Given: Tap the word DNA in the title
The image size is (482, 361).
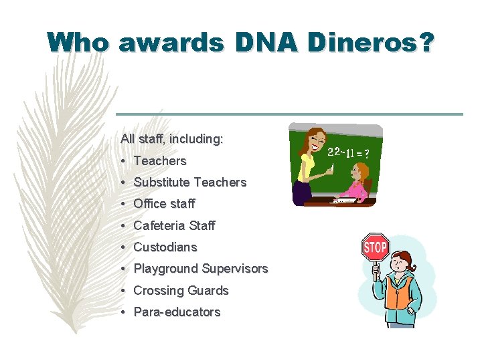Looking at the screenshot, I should pyautogui.click(x=265, y=42).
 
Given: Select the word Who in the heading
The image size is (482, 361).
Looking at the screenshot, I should pyautogui.click(x=78, y=42).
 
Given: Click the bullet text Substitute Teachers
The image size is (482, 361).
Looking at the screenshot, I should pyautogui.click(x=189, y=182).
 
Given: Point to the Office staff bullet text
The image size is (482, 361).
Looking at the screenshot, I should pyautogui.click(x=164, y=203).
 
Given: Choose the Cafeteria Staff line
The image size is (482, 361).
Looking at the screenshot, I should pyautogui.click(x=174, y=225).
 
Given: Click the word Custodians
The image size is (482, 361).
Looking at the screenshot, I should pyautogui.click(x=165, y=247).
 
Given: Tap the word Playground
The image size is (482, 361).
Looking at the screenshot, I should pyautogui.click(x=165, y=269).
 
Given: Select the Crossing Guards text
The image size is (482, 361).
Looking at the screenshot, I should pyautogui.click(x=181, y=290).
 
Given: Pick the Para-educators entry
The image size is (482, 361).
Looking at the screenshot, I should pyautogui.click(x=177, y=312).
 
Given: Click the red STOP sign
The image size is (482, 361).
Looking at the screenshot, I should pyautogui.click(x=375, y=248).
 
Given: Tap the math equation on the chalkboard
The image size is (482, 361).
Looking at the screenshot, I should pyautogui.click(x=347, y=152).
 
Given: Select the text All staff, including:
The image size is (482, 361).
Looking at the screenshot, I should pyautogui.click(x=172, y=139).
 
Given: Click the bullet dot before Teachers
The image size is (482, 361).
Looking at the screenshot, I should pyautogui.click(x=125, y=161).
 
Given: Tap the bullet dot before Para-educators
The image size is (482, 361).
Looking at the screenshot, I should pyautogui.click(x=125, y=312).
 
